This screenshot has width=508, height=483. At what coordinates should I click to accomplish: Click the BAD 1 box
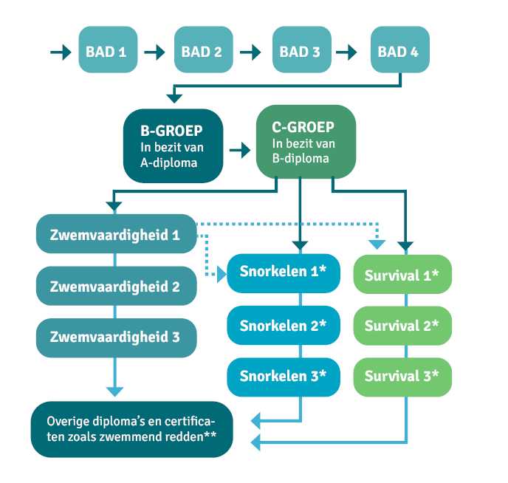pyautogui.click(x=108, y=52)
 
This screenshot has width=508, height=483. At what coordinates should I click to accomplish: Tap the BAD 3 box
pyautogui.click(x=301, y=52)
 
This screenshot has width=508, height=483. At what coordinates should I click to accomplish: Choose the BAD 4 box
pyautogui.click(x=399, y=52)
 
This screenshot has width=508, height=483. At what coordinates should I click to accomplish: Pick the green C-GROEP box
pyautogui.click(x=305, y=141)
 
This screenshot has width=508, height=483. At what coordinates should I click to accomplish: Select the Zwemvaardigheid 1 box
pyautogui.click(x=115, y=235)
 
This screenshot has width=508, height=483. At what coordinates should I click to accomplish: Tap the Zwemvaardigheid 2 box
pyautogui.click(x=115, y=286)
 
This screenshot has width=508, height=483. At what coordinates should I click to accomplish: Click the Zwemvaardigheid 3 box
pyautogui.click(x=115, y=337)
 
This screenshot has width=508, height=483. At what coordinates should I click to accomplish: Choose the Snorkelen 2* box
pyautogui.click(x=283, y=324)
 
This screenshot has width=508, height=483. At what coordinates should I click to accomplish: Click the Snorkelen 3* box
pyautogui.click(x=283, y=375)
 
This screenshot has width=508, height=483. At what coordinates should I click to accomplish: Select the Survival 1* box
pyautogui.click(x=402, y=275)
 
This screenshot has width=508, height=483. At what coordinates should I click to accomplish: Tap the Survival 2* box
pyautogui.click(x=402, y=325)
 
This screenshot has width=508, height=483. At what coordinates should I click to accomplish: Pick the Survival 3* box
pyautogui.click(x=402, y=375)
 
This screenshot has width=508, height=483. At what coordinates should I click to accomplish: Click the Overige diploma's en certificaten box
pyautogui.click(x=132, y=428)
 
